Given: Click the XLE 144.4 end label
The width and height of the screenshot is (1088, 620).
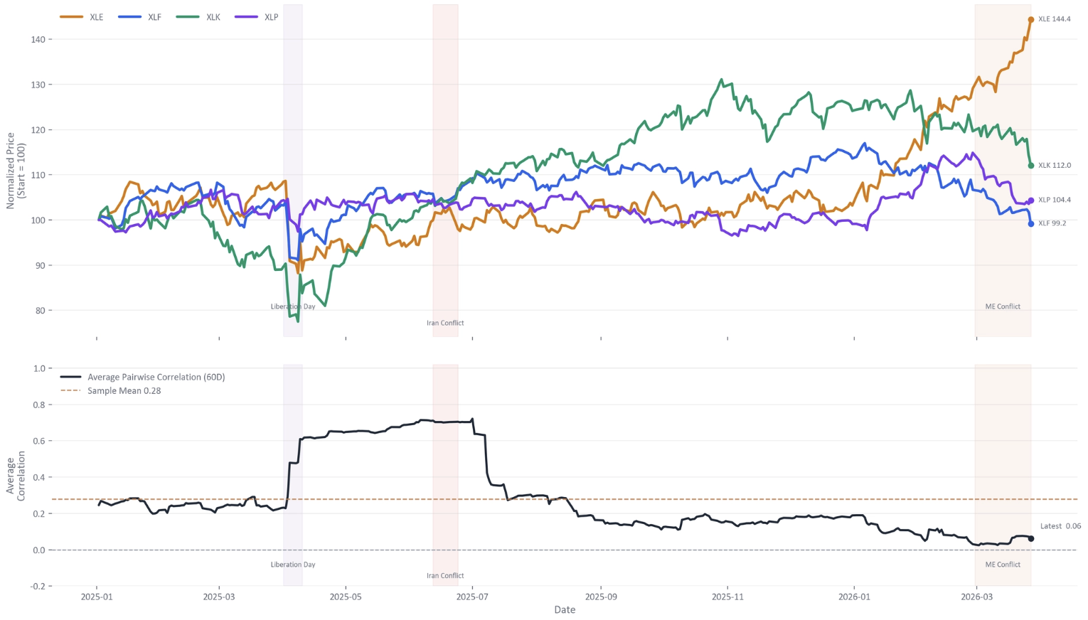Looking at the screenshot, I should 1054,19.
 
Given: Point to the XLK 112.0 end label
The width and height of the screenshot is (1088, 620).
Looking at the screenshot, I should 1054,166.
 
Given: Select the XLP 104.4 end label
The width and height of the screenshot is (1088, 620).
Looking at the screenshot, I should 1054,200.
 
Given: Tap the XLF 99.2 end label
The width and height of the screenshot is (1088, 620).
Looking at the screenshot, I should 1052,223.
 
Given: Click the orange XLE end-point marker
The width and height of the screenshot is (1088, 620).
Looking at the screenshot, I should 1031,20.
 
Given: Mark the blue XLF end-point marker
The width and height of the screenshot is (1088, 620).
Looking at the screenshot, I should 1031,224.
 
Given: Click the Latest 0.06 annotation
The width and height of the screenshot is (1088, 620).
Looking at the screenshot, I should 1060,526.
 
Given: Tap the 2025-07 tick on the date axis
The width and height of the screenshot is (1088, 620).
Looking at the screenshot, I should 473,597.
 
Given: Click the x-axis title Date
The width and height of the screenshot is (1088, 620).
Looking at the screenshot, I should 565,610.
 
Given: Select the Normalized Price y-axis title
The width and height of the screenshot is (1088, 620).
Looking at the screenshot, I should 16,171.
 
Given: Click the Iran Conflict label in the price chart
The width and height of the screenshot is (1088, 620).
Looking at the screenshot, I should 445,323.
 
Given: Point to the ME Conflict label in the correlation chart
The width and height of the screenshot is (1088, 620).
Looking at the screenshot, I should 1003,565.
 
